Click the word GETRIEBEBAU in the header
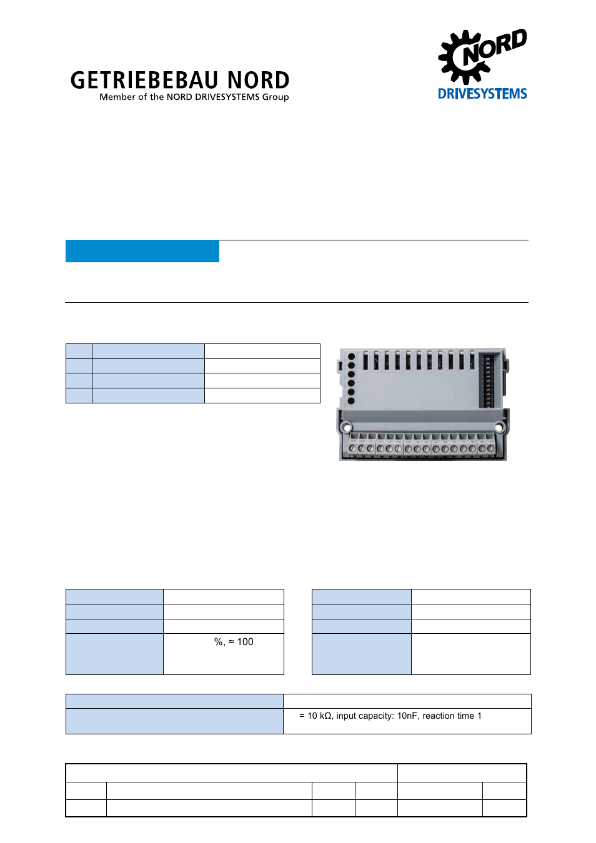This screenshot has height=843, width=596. pos(144,81)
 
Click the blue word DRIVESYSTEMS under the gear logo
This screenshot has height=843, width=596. pos(482,94)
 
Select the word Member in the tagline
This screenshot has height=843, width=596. pos(117,97)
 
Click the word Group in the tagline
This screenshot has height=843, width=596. pos(276,97)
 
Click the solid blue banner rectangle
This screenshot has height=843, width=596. pos(142,251)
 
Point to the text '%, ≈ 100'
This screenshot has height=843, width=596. pos(234,642)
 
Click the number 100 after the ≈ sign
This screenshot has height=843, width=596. pos(246,642)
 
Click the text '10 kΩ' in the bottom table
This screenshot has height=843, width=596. pos(319,716)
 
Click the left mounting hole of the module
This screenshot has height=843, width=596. pos(345,428)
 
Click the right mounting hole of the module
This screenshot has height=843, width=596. pos(499,428)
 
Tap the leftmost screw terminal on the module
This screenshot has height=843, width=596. pos(353,448)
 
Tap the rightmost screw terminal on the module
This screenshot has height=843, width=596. pos(490,448)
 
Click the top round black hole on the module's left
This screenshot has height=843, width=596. pos(351,357)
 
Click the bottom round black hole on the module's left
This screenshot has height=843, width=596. pos(351,401)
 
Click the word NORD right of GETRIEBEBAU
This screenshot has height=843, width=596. pos(258,81)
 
